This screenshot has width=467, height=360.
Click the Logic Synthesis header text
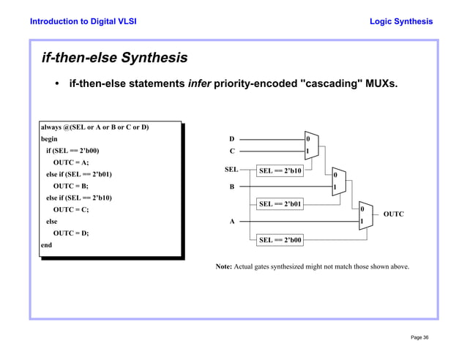[x=401, y=21]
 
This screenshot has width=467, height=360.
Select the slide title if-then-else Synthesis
[x=114, y=57]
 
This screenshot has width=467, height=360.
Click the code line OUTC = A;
[x=71, y=162]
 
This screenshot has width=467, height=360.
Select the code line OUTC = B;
[x=71, y=186]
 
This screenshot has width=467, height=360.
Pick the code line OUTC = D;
[x=71, y=233]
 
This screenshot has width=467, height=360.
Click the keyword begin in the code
[x=49, y=139]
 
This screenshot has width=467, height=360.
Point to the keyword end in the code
[x=46, y=245]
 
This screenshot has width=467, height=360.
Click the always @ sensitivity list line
[x=94, y=127]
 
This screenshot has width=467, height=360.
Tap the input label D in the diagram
[x=232, y=138]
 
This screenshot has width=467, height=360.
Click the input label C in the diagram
[x=232, y=152]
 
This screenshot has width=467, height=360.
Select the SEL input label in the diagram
[x=231, y=170]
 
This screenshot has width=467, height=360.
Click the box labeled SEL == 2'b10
[x=280, y=171]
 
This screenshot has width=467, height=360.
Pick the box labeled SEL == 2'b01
[x=280, y=204]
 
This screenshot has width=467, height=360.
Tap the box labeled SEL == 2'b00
[x=280, y=240]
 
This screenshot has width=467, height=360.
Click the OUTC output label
[x=393, y=214]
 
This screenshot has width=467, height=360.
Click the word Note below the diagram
[x=223, y=266]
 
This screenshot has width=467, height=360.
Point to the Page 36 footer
[x=419, y=337]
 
